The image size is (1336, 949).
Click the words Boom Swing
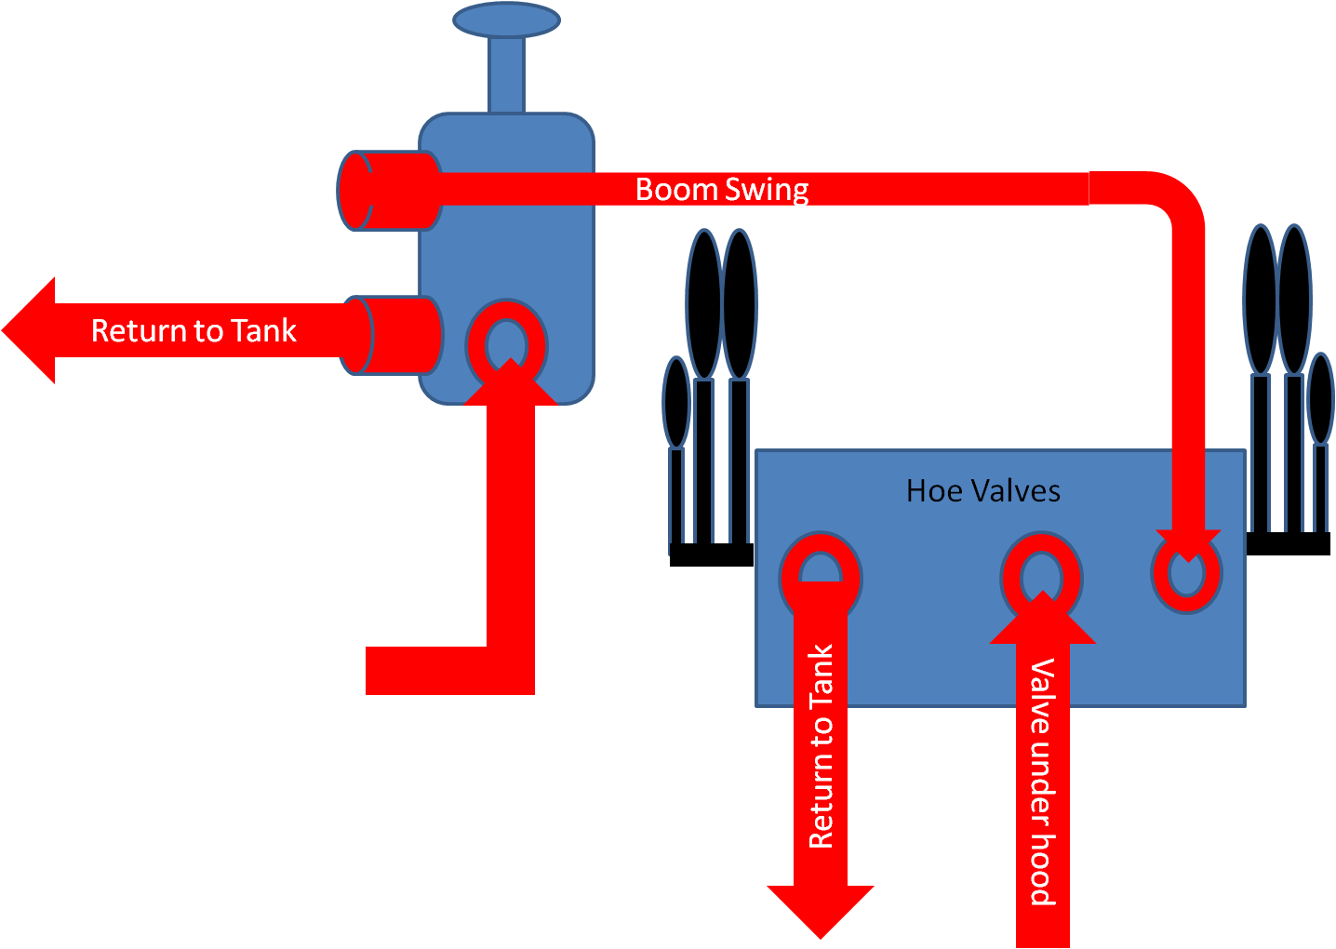(x=722, y=190)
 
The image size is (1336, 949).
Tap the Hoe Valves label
(x=983, y=490)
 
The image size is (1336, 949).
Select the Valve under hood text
(x=1042, y=782)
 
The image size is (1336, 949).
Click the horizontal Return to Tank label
(x=194, y=330)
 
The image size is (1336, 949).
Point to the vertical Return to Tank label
(x=821, y=746)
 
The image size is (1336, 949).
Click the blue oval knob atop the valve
(x=506, y=20)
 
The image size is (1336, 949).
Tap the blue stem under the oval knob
(x=506, y=74)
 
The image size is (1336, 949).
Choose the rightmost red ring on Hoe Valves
(x=1186, y=573)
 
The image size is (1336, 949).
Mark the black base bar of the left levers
(x=712, y=555)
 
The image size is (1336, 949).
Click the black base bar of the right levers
(x=1289, y=543)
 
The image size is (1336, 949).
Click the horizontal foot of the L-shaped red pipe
(x=428, y=670)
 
